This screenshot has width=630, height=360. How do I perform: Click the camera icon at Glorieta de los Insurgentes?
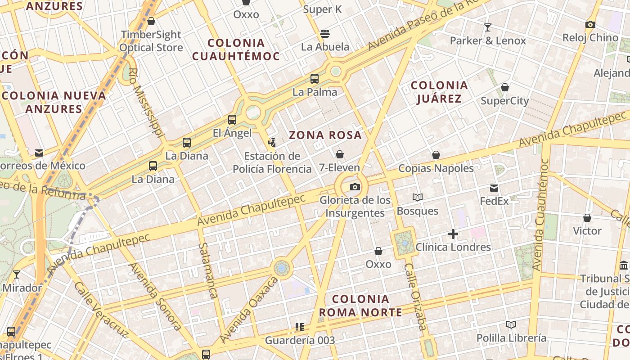355,187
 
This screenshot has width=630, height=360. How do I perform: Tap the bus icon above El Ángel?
232,120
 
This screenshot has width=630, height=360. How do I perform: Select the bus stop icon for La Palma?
315,79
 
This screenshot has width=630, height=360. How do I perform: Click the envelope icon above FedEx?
494,188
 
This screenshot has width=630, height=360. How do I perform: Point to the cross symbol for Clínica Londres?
453,234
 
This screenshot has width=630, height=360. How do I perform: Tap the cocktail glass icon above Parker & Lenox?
487,27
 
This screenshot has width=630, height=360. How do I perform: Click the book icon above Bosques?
418,197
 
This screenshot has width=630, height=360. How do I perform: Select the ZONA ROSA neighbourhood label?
325,135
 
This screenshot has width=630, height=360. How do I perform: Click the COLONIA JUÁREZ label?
439,92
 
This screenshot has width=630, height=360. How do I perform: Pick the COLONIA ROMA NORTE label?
361,306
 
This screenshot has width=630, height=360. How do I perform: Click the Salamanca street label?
208,270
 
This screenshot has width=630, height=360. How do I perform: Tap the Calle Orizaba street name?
415,297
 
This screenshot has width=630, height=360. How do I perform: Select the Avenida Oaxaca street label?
249,310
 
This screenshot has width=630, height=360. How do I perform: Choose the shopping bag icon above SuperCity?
505,87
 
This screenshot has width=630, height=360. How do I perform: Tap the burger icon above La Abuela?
325,34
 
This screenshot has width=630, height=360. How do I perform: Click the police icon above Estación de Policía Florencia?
272,143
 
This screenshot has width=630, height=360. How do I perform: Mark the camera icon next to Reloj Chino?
590,24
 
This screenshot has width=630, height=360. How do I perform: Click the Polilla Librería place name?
511,338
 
